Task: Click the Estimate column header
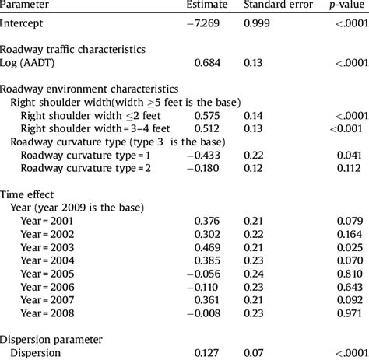tap(213, 5)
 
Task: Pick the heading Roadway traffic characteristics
tap(72, 49)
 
